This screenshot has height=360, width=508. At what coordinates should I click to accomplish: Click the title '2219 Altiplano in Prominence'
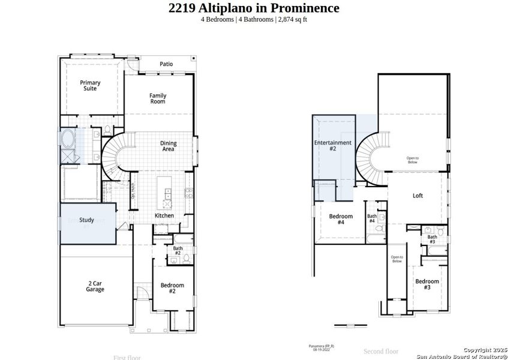(254, 8)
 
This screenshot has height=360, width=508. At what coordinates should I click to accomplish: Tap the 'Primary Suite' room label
(91, 86)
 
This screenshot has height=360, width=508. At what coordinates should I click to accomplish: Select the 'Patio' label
(166, 64)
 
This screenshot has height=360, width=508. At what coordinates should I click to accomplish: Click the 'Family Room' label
(158, 98)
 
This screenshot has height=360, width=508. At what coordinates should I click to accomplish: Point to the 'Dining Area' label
(167, 146)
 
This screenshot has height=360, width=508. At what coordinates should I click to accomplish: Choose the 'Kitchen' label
(164, 215)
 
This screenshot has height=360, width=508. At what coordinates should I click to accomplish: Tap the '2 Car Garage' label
(95, 286)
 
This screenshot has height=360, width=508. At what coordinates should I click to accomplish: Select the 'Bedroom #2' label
(172, 288)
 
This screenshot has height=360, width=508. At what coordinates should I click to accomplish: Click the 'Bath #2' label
(178, 251)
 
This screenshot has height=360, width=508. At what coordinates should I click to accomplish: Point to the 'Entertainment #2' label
(333, 145)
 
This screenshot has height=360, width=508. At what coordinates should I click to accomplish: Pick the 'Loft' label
(417, 196)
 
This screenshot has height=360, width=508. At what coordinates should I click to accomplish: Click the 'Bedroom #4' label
(341, 219)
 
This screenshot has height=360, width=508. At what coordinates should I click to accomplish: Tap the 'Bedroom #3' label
(427, 284)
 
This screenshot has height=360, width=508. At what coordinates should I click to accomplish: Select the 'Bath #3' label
(432, 239)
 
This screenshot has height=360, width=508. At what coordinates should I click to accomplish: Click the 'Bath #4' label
(372, 218)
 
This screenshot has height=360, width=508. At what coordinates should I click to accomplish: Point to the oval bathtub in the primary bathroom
(67, 140)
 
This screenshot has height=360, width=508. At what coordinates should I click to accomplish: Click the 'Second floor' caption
(381, 351)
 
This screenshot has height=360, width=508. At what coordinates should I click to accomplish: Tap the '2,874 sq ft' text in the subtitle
(292, 19)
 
